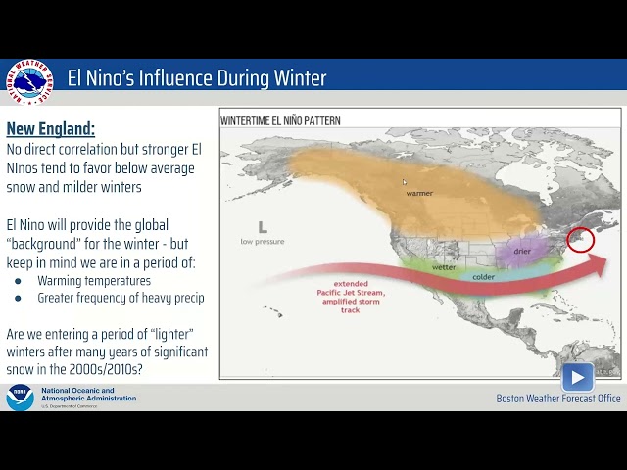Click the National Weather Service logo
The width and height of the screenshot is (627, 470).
28,81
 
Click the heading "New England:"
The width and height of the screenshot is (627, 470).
50,129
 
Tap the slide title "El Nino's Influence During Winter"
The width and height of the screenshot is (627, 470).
197,78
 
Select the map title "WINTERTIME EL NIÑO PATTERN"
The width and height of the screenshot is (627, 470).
280,121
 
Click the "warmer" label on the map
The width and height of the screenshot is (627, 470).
419,193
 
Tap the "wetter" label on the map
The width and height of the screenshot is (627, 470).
444,266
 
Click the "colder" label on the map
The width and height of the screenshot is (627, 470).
483,276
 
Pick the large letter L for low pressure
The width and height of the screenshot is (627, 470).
262,227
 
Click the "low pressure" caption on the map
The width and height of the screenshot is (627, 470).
262,241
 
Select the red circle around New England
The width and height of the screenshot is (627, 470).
581,238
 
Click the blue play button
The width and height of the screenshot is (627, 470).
577,377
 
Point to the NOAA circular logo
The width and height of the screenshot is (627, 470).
20,398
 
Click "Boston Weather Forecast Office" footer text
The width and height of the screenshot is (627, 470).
557,399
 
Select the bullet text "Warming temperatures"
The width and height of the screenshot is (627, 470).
94,281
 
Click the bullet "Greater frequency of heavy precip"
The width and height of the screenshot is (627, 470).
121,298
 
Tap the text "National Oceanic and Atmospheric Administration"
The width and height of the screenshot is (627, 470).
88,395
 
